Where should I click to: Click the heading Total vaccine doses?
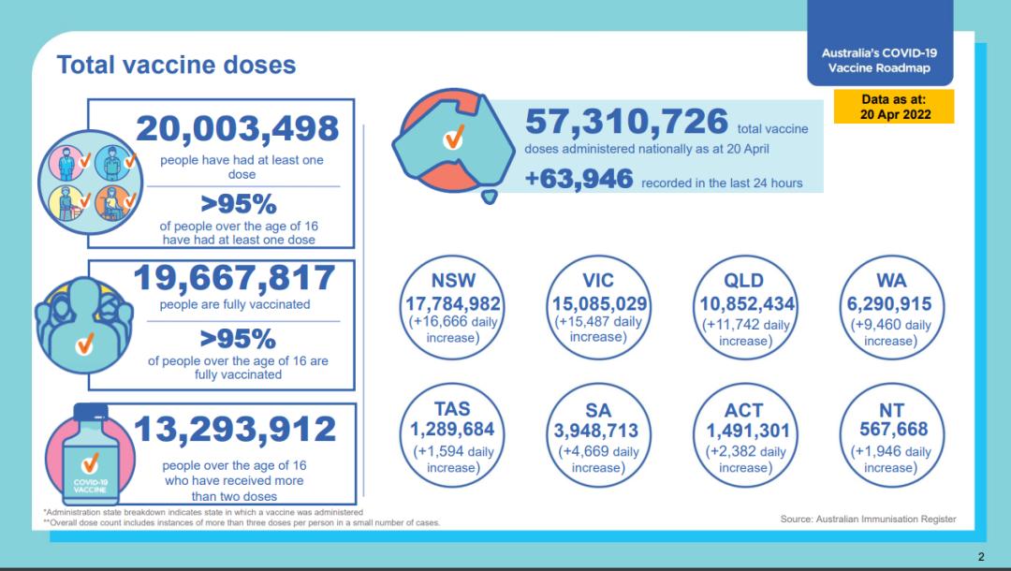tap(176, 65)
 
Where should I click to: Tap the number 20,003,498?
tap(237, 127)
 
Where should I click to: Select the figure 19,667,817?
tap(234, 278)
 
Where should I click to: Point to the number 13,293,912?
tap(235, 430)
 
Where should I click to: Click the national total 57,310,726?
tap(626, 122)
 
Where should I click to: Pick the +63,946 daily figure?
tap(579, 179)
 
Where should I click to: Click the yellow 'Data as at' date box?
tap(893, 107)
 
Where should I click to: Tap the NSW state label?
tap(453, 281)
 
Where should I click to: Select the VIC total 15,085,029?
tap(597, 304)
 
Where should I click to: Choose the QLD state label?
tap(744, 281)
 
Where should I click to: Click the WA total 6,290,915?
tap(891, 304)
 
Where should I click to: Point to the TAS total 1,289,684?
tap(453, 431)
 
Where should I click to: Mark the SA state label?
tap(597, 409)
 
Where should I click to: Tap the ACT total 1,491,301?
tap(744, 431)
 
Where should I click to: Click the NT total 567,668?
tap(891, 430)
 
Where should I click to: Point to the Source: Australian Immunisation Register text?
tap(869, 519)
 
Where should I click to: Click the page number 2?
tap(981, 557)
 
